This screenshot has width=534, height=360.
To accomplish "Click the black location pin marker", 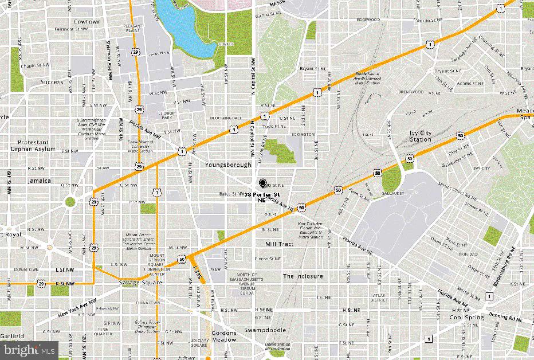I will point(263,183).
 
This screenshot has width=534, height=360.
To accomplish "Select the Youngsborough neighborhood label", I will point(228,165).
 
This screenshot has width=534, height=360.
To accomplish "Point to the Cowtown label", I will point(87,22).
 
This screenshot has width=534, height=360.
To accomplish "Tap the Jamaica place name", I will point(39,181).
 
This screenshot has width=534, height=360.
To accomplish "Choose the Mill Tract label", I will point(279,244).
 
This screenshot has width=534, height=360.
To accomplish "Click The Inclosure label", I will point(303,276).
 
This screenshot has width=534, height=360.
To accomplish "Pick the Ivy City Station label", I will point(421,136).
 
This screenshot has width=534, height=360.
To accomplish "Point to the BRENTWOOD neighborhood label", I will point(411,92).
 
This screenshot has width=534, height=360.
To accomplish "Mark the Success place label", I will point(52,82).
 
